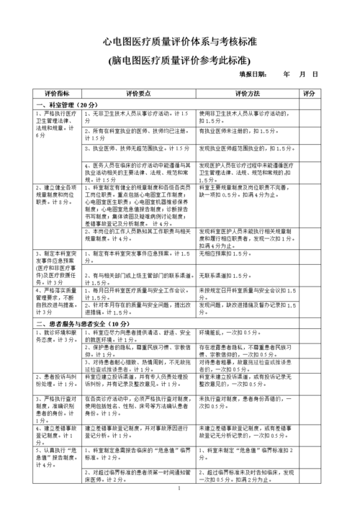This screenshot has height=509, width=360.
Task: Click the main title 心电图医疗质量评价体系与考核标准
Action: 180,44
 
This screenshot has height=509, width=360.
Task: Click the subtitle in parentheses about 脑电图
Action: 180,60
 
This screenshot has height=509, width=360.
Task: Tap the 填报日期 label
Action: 253,74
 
